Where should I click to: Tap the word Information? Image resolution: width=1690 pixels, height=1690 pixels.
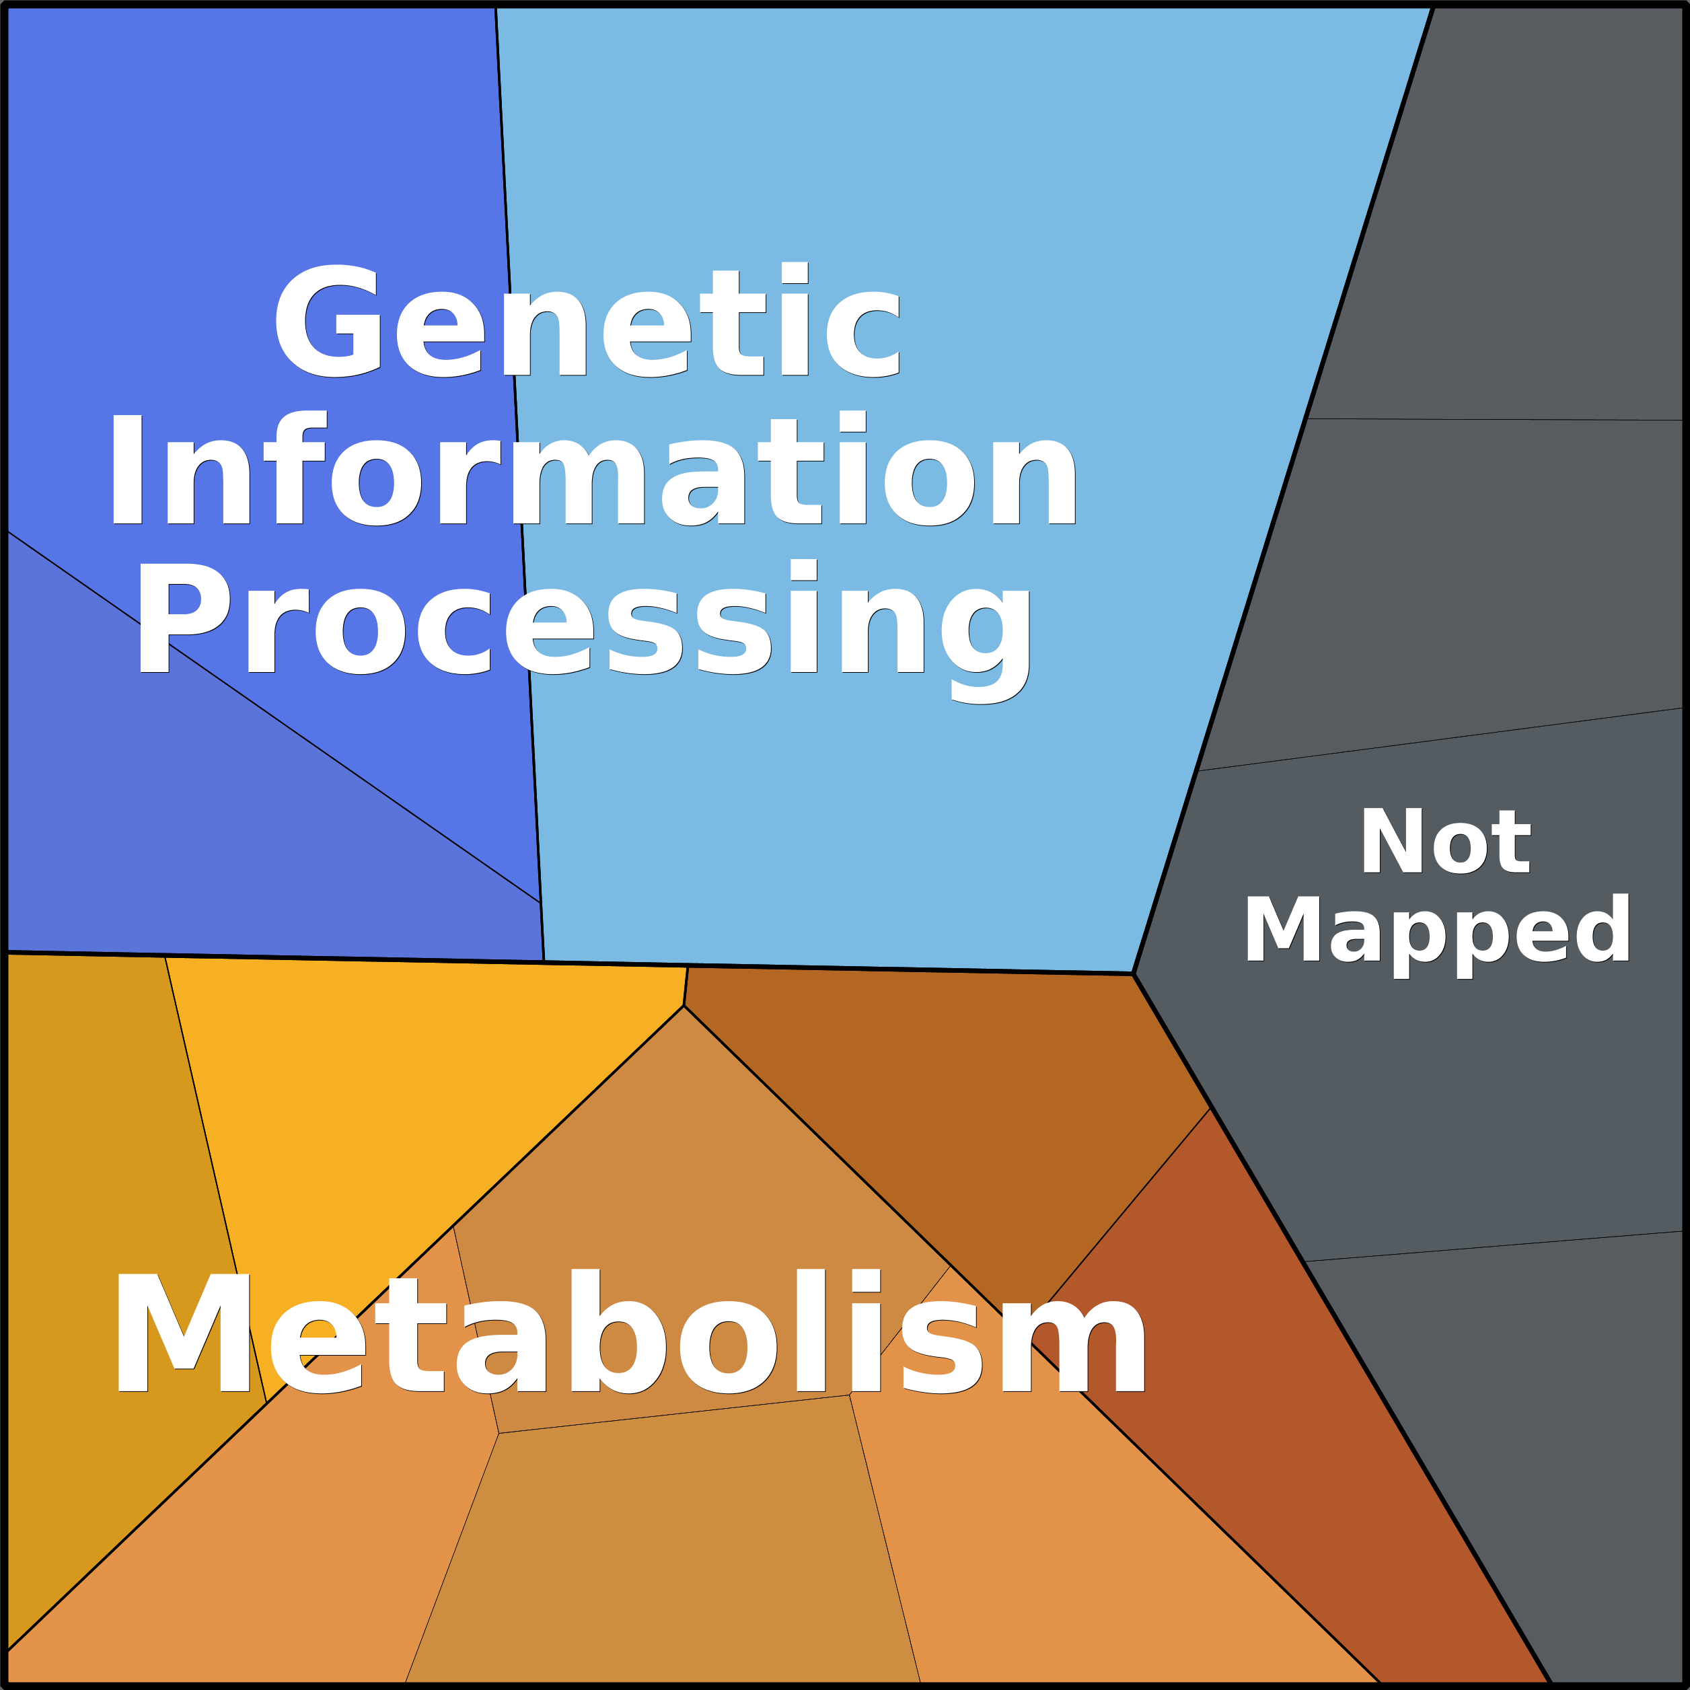pyautogui.click(x=592, y=468)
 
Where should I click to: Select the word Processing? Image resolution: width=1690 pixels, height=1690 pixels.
pyautogui.click(x=583, y=630)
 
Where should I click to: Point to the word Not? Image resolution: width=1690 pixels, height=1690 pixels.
pyautogui.click(x=1444, y=842)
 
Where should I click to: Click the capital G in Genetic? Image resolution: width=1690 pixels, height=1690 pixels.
pyautogui.click(x=328, y=320)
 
